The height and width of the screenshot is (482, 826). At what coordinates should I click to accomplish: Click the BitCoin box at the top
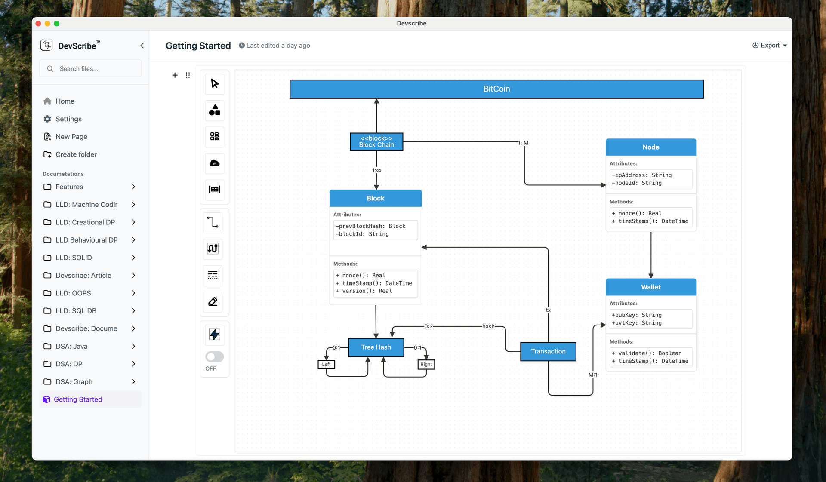(x=496, y=89)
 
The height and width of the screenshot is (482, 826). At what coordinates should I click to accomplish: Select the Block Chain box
(x=376, y=141)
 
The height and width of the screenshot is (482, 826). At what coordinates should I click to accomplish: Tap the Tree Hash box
(x=376, y=347)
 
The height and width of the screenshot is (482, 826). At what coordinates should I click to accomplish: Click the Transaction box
(x=548, y=351)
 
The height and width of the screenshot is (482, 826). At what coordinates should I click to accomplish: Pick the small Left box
(x=327, y=365)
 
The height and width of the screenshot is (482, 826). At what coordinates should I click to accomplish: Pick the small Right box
(x=426, y=365)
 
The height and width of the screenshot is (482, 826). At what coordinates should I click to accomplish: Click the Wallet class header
(x=650, y=287)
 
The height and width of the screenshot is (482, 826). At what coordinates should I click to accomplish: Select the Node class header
(x=650, y=147)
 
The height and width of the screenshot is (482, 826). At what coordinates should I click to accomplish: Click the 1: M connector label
(x=523, y=143)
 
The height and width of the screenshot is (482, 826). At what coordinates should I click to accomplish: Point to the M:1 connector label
(x=593, y=375)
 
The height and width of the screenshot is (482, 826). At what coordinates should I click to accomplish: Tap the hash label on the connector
(x=488, y=327)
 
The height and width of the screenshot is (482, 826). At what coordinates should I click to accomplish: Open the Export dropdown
(x=770, y=46)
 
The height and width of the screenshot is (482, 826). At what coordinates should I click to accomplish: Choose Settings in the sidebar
(x=68, y=119)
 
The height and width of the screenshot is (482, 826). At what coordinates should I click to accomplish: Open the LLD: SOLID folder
(x=74, y=258)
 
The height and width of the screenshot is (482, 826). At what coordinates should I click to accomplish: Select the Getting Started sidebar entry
(x=78, y=399)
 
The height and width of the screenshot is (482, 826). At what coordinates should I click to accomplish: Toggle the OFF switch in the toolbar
(x=214, y=357)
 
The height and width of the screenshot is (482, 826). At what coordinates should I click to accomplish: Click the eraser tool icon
(x=213, y=301)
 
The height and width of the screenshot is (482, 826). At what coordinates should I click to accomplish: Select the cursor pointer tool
(x=214, y=83)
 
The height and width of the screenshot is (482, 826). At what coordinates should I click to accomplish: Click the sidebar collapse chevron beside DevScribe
(x=142, y=46)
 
